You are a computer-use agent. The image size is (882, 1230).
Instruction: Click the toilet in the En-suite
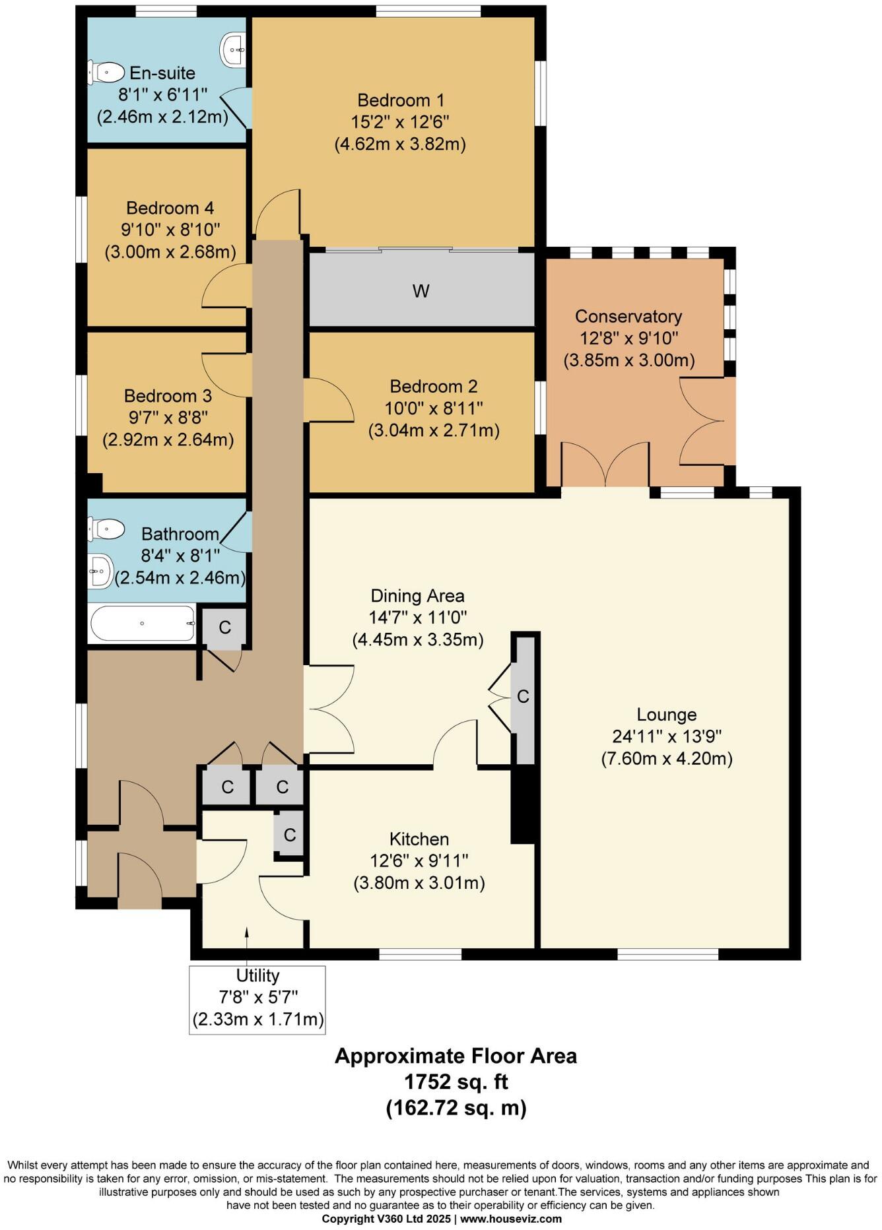(x=106, y=72)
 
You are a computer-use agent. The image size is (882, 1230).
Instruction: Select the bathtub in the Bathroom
(x=143, y=624)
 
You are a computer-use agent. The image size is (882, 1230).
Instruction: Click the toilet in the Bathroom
(x=107, y=529)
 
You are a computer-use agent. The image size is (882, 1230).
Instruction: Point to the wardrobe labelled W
(x=421, y=291)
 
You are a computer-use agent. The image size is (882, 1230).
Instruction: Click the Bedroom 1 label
(x=401, y=100)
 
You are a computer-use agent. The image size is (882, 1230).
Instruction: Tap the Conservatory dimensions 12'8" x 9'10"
(x=628, y=339)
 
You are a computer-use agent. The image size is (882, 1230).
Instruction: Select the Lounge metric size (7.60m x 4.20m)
(x=666, y=758)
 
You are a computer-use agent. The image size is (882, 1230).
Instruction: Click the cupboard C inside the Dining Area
(x=524, y=697)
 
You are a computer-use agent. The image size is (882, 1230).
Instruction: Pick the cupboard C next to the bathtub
(x=224, y=627)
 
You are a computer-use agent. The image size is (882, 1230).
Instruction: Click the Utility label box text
(x=257, y=975)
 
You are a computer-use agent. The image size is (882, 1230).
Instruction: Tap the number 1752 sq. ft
(x=456, y=1082)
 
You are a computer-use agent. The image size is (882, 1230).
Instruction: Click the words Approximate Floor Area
(x=456, y=1056)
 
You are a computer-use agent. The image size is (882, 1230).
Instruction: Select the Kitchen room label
(x=419, y=839)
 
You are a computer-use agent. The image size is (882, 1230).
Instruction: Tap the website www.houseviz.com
(x=511, y=1219)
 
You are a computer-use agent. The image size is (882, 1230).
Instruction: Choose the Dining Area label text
(x=417, y=596)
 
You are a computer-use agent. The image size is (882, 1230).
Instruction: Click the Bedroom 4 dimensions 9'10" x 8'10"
(x=170, y=230)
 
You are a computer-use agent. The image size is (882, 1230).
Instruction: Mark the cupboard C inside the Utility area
(x=289, y=835)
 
